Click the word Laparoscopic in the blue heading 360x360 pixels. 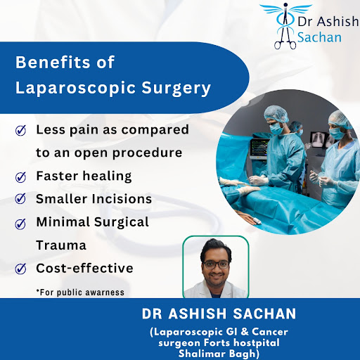point(76,88)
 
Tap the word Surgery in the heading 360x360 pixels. point(176,89)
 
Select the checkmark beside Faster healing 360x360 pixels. point(20,177)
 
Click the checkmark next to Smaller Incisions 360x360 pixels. point(20,198)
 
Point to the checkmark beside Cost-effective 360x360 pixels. point(20,269)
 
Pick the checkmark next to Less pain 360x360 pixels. point(20,130)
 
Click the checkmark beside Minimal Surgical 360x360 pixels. point(20,224)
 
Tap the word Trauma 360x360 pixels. point(61,245)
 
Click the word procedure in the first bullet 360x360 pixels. point(147,153)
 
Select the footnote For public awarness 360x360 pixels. point(80,292)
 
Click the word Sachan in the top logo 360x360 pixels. point(319,37)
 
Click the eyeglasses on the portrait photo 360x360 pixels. point(216,264)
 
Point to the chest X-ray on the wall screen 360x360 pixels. point(318,140)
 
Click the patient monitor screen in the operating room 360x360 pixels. point(259,148)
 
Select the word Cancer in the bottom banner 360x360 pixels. point(270,332)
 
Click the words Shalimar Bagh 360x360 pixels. point(219,354)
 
